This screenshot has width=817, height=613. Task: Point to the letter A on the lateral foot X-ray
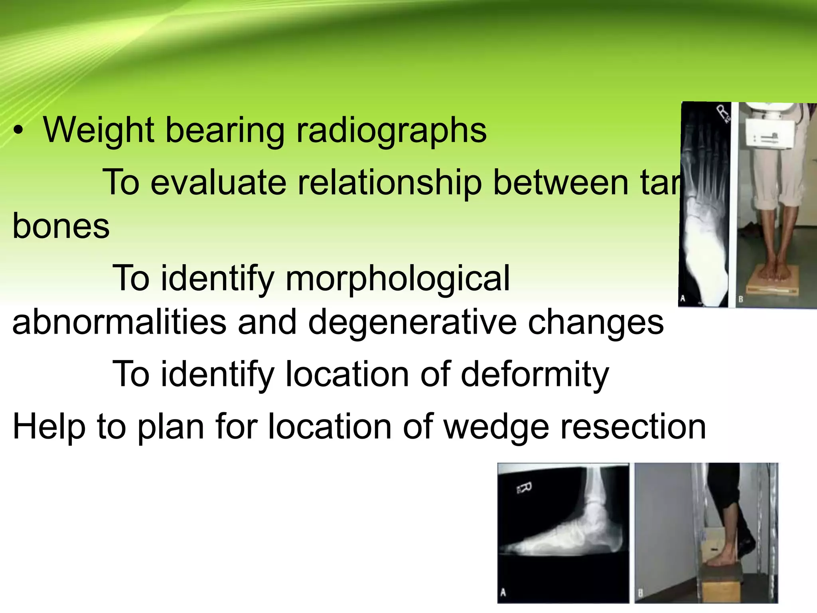click(503, 592)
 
